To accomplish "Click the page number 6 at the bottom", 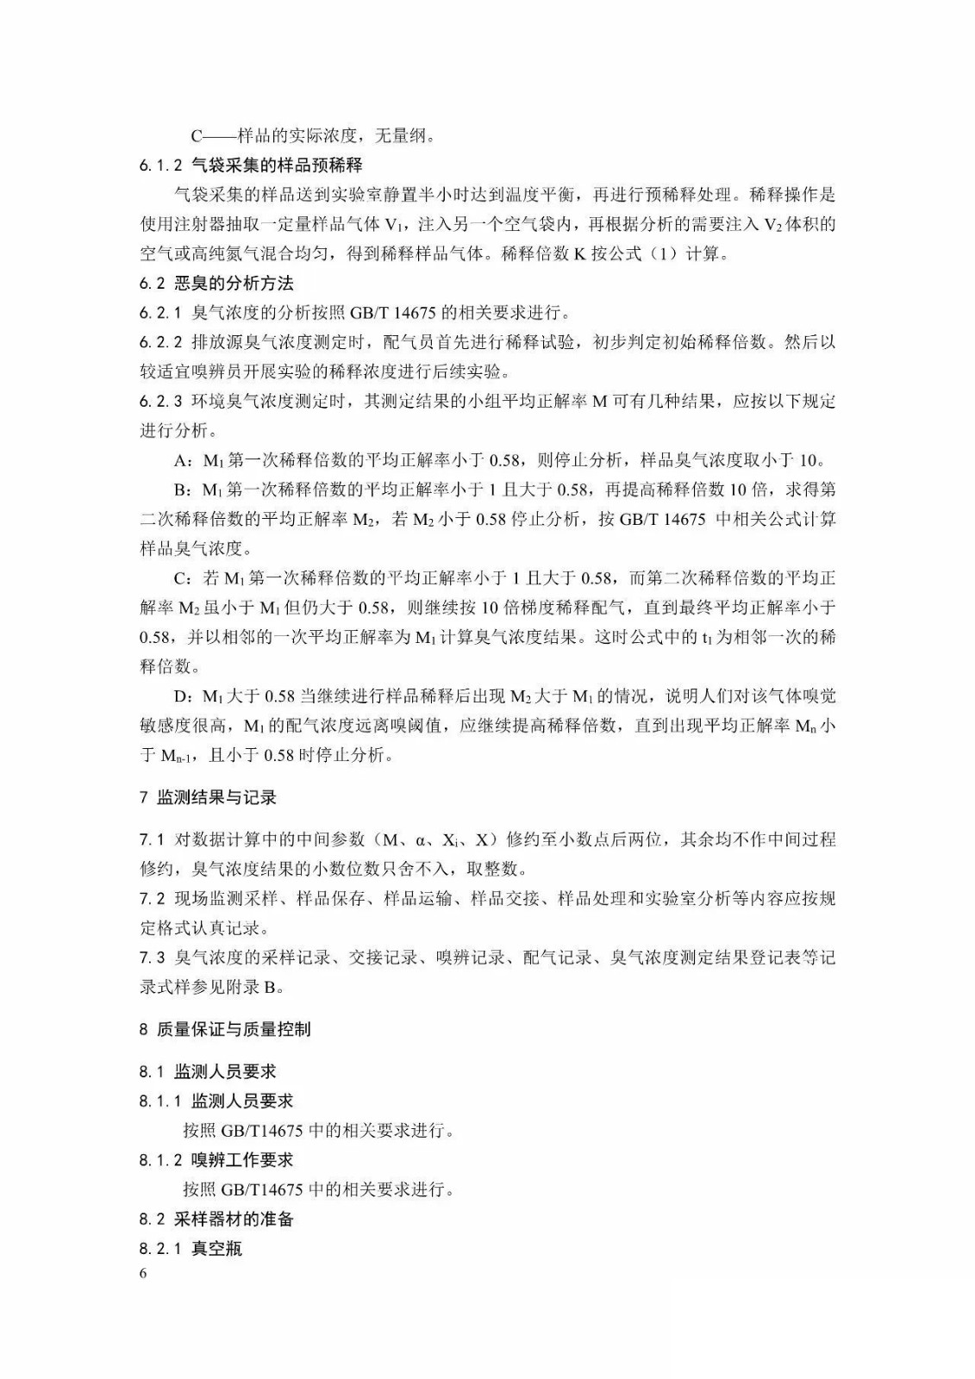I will coord(143,1274).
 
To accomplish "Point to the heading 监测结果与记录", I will coord(216,797).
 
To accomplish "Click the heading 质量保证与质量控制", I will coord(234,1029).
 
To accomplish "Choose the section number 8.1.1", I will coord(160,1101).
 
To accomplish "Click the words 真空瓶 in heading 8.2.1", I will coord(216,1248).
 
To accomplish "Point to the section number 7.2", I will coord(152,898).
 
